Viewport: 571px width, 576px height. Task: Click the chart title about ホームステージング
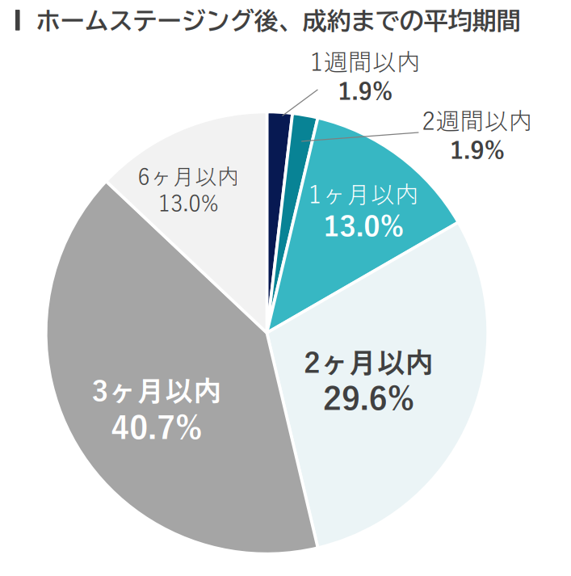[x=279, y=22]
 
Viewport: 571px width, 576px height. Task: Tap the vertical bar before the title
[x=18, y=22]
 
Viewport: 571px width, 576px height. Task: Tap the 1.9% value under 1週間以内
[x=365, y=92]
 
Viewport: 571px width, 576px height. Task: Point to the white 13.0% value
[x=363, y=227]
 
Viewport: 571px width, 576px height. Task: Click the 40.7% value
[x=156, y=428]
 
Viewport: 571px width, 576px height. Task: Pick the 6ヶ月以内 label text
[x=187, y=175]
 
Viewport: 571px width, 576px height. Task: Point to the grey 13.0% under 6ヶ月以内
[x=187, y=204]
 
